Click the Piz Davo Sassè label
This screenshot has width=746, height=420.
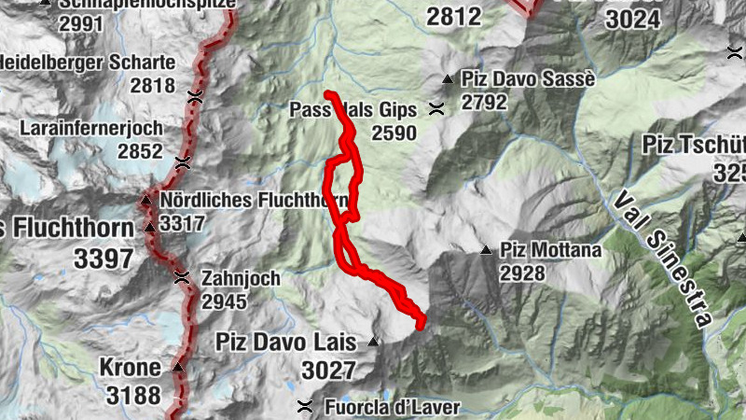coord(528,79)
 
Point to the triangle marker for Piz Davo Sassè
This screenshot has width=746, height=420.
coord(448,79)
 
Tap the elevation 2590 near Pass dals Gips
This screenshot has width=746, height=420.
coord(394,133)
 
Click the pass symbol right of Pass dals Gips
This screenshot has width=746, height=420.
coord(435,109)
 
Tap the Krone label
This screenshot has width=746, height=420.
coord(129,366)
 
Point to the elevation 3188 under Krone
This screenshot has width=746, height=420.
coord(133,396)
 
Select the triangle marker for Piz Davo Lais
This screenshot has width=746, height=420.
coord(374,342)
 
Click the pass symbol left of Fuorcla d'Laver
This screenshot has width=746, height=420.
coord(304,406)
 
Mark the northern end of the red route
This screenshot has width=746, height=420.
coord(328,94)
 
